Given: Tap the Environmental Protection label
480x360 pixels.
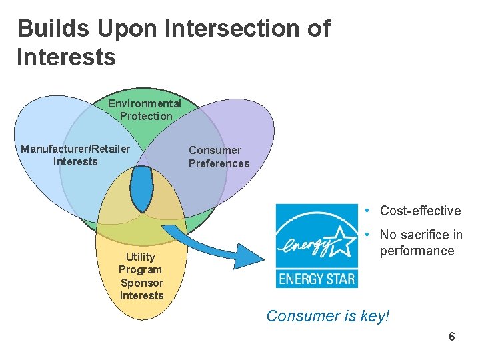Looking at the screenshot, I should [145, 109].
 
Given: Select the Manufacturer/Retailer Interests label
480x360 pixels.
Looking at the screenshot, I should [75, 155].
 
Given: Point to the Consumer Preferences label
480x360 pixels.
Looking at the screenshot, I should [219, 157].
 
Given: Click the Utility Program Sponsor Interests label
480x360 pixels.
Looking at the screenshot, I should [141, 276].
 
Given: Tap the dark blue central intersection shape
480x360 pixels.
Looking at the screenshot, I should [141, 187].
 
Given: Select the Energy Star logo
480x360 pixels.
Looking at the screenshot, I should [317, 245].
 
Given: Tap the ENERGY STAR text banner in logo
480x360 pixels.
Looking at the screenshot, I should [317, 277].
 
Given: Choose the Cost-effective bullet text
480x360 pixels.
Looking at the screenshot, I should [420, 211].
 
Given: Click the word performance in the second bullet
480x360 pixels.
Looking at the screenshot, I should [417, 251].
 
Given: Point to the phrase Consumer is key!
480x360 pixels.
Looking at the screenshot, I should [327, 316].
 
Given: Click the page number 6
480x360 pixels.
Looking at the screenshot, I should [452, 337].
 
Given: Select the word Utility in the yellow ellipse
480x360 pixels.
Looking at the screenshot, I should [141, 257].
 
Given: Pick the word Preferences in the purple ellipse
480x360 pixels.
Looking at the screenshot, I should [219, 163].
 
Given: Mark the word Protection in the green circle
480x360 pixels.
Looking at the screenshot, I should [146, 116].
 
